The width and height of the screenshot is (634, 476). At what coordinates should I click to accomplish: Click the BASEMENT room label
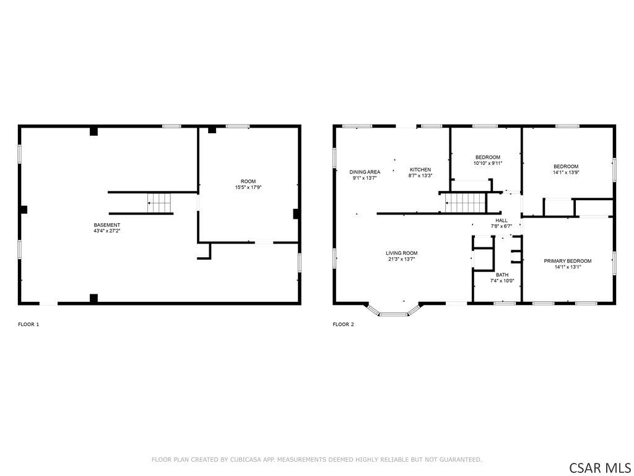click(106, 225)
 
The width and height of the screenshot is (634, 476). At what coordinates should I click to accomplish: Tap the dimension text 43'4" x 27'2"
click(106, 231)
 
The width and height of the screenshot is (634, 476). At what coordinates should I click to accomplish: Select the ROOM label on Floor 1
click(248, 182)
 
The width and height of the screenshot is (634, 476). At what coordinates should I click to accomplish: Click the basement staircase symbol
click(159, 203)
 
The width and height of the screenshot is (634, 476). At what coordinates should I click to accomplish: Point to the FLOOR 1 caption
click(28, 324)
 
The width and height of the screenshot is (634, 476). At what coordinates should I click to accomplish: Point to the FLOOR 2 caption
click(343, 324)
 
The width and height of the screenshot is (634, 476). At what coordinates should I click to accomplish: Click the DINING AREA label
click(365, 172)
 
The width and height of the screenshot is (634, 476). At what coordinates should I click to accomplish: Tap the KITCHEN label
click(420, 170)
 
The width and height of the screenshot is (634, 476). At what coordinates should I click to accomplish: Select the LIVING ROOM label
click(401, 253)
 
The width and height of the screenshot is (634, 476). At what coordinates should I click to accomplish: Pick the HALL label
click(502, 221)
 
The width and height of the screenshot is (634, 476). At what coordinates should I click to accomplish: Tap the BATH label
click(502, 275)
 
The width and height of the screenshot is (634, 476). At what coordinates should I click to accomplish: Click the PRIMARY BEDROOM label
click(568, 261)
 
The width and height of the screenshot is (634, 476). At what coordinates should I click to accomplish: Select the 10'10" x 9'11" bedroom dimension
click(488, 163)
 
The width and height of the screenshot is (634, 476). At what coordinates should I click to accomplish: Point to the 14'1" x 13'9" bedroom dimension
click(566, 172)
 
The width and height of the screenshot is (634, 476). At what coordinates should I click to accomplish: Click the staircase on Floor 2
click(465, 203)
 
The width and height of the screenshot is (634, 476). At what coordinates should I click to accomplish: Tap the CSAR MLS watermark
click(599, 467)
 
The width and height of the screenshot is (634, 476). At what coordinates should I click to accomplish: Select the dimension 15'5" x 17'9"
click(248, 187)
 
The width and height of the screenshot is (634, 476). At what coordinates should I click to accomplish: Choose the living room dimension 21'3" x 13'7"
click(401, 259)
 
